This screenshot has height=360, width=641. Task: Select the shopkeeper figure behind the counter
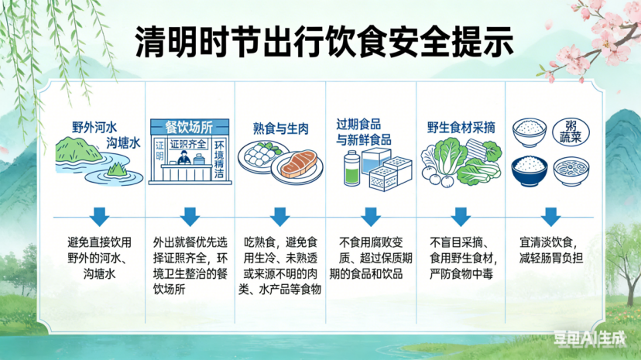tap(184, 157)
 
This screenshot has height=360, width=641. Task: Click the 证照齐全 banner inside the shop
tap(186, 143)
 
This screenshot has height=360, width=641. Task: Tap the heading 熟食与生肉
tap(280, 129)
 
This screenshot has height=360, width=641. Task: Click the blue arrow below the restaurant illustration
tap(190, 216)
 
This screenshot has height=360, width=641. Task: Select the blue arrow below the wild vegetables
tap(461, 216)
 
